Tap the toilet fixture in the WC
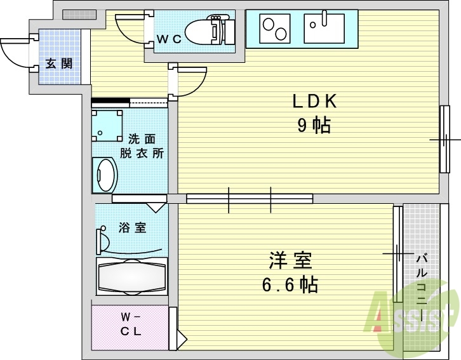point(209,29)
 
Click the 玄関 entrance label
point(58,63)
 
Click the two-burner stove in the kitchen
point(274,29)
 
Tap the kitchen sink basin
point(324,29)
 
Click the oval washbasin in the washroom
point(105,175)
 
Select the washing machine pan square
point(107,126)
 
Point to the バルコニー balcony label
point(421,286)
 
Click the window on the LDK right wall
point(444,138)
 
